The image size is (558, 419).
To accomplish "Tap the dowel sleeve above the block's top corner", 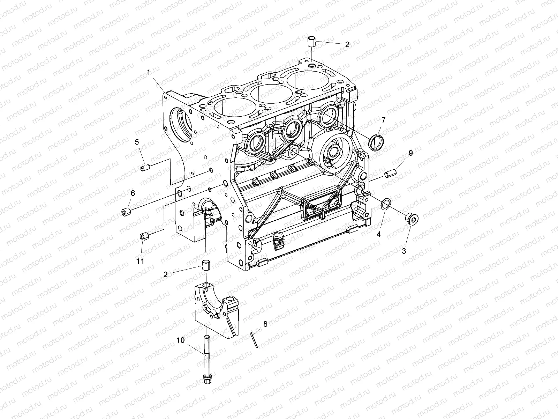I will [312, 42].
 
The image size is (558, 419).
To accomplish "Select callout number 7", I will [383, 120].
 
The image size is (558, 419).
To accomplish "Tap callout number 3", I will [404, 251].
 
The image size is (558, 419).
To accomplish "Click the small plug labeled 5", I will [146, 169].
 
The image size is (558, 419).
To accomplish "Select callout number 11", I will [140, 261].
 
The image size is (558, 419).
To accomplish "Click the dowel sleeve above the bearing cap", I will [206, 266].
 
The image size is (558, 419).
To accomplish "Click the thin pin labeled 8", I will [254, 339].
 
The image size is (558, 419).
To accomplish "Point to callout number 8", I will [265, 324].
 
